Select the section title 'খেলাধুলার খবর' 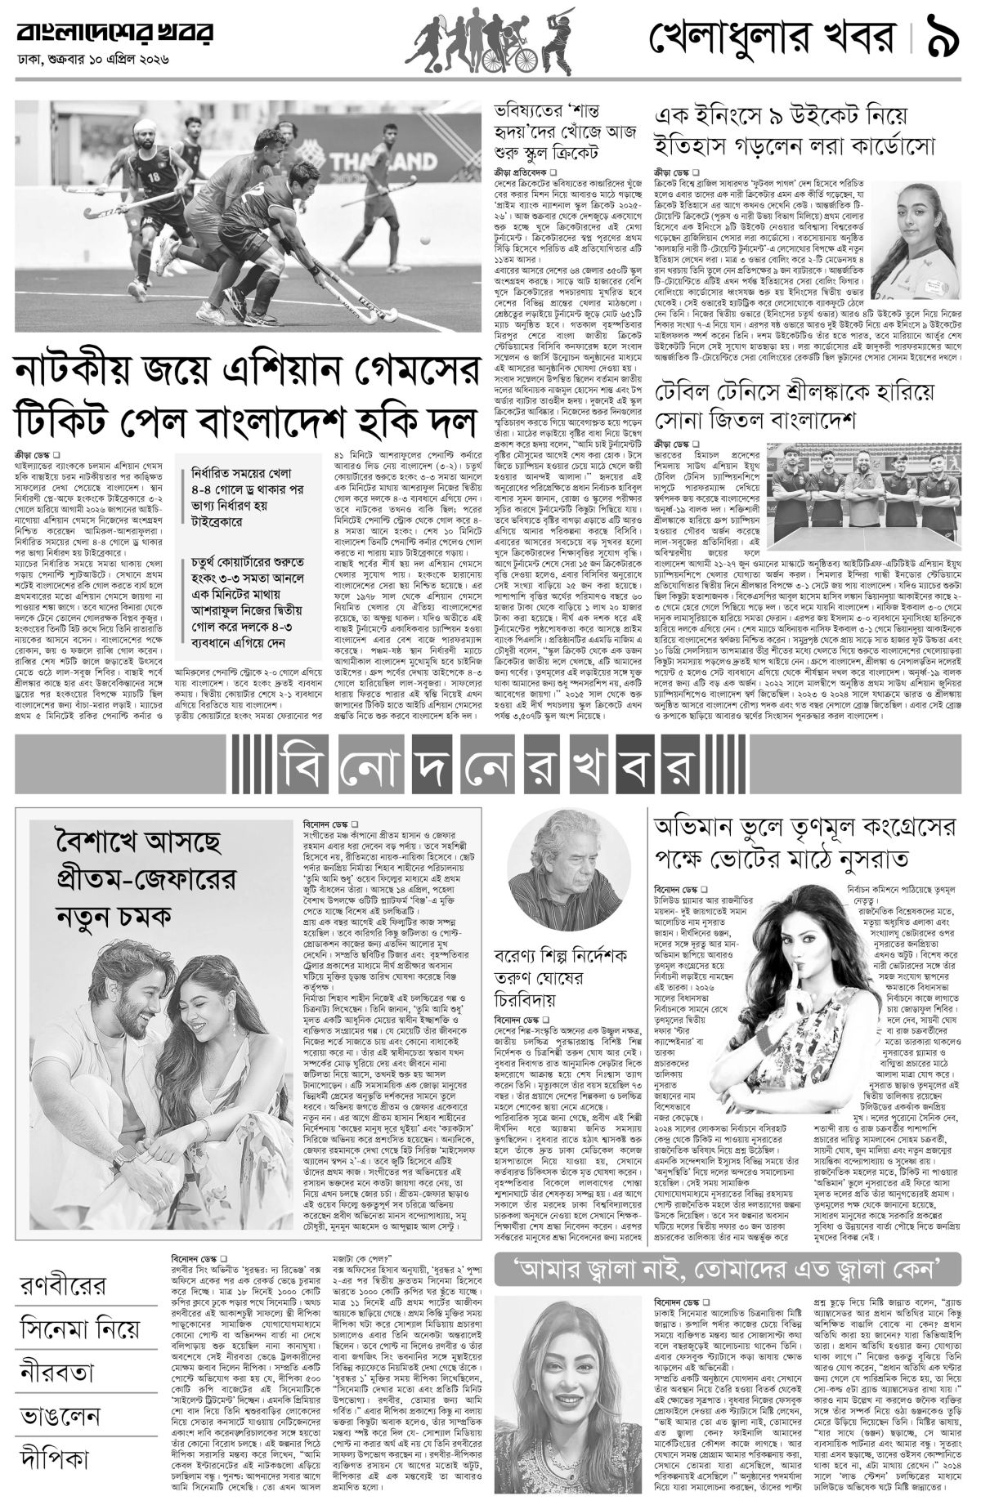click(x=777, y=38)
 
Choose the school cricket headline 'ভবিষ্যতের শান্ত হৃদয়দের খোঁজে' click(x=564, y=131)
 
